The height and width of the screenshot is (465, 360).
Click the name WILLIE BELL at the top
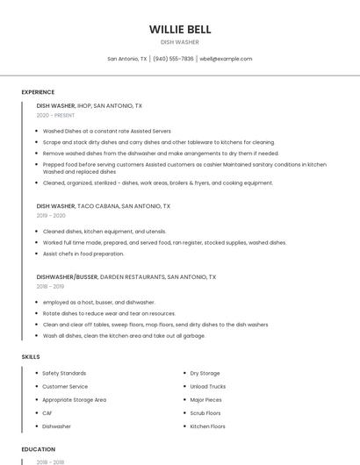[180, 29]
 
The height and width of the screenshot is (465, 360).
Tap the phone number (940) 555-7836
[173, 59]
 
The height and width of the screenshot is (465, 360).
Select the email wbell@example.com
[226, 59]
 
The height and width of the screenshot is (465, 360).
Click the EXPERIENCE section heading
[38, 92]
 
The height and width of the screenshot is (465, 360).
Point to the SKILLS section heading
[31, 357]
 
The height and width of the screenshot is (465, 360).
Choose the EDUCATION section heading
[38, 449]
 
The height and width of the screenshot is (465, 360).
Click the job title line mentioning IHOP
[90, 105]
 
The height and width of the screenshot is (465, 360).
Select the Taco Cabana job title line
[104, 206]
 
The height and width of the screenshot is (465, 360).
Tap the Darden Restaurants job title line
[126, 276]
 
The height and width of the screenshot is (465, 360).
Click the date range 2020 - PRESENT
[55, 115]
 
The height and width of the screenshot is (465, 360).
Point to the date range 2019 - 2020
[51, 216]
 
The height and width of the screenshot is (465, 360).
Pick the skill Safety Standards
[64, 373]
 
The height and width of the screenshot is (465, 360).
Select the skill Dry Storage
[205, 373]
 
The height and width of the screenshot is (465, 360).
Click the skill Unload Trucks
[207, 386]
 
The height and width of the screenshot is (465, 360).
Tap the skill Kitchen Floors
[207, 426]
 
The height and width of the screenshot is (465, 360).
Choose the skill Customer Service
[65, 386]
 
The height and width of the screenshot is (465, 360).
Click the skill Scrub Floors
[205, 413]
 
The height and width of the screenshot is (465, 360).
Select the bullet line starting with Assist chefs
[83, 254]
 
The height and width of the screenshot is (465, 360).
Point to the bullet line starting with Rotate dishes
[109, 313]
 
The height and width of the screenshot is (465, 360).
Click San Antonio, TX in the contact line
[127, 59]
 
